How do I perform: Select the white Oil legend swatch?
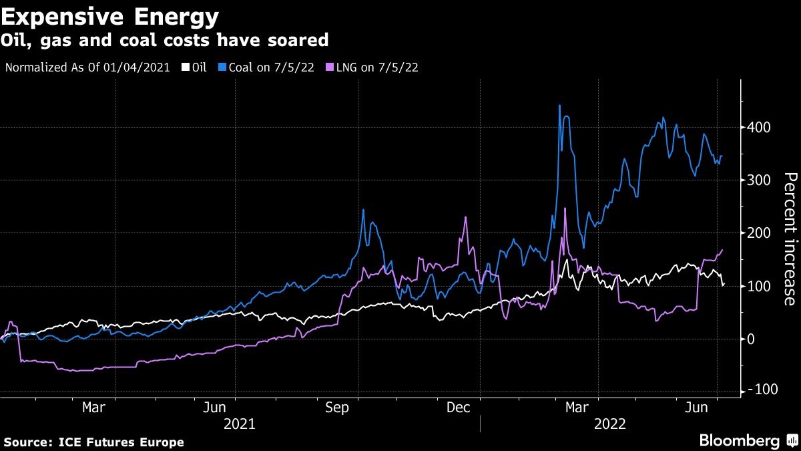(x=186, y=67)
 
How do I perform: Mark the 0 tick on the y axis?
(x=751, y=339)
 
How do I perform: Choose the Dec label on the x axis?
(x=459, y=408)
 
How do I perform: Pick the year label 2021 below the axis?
(x=240, y=424)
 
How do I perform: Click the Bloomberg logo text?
(x=739, y=440)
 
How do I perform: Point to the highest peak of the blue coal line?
(x=559, y=106)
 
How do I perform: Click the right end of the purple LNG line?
(x=722, y=250)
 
